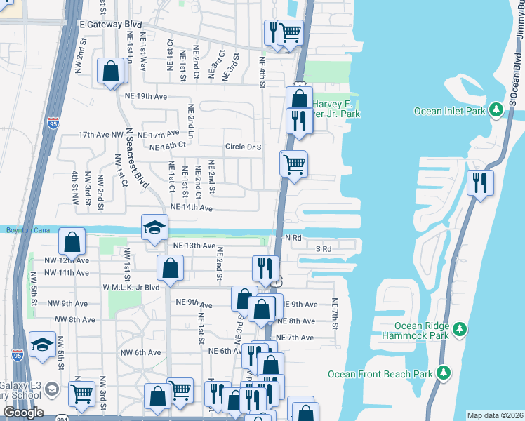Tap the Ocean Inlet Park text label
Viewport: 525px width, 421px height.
tap(449, 110)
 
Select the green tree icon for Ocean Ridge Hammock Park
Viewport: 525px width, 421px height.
tap(460, 328)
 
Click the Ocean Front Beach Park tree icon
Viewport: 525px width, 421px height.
tap(442, 374)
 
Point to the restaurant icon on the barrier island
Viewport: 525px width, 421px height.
tap(481, 182)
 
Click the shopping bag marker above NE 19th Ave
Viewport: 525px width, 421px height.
tap(110, 71)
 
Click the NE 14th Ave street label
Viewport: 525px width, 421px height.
tap(191, 208)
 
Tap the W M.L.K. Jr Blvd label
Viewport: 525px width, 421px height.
tap(131, 287)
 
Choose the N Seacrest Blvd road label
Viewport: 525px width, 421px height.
tap(138, 157)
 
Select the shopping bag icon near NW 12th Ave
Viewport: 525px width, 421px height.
tap(72, 242)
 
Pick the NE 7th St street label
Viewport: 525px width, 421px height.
tap(335, 312)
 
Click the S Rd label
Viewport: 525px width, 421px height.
tap(323, 249)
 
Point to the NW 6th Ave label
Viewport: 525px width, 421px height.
tap(141, 352)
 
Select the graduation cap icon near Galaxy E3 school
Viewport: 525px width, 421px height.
tap(42, 345)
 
